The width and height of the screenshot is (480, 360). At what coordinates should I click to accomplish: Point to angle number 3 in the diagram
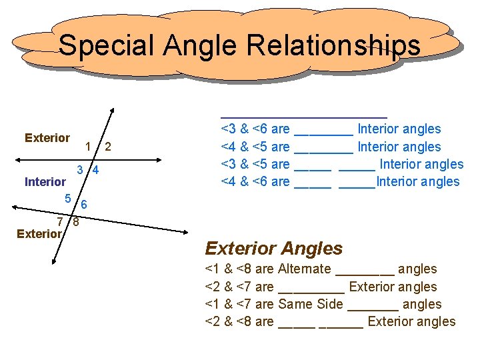[x=79, y=170]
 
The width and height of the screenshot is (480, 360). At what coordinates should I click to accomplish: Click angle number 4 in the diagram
[x=96, y=170]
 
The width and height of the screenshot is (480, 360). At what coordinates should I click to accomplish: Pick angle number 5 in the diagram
[x=68, y=198]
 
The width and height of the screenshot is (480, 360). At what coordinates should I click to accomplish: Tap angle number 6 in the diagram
[x=84, y=204]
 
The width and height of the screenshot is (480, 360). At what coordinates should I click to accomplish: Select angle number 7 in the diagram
[x=60, y=221]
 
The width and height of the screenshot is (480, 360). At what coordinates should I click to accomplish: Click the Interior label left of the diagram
[x=45, y=182]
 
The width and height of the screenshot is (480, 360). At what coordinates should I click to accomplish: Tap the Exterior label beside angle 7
[x=39, y=234]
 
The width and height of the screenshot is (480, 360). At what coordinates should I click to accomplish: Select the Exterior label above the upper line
[x=47, y=138]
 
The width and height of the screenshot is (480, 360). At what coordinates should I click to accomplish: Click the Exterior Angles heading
[x=273, y=249]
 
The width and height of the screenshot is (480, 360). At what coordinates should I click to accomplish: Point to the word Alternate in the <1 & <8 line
[x=304, y=269]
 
